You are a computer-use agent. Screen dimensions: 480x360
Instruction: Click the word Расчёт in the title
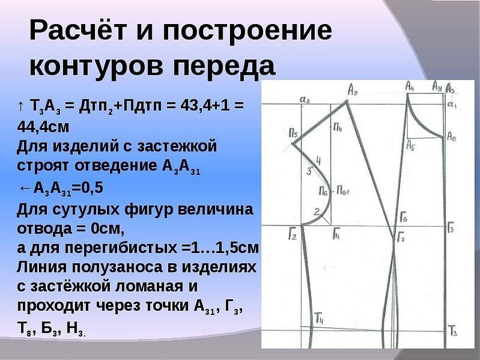[78, 30]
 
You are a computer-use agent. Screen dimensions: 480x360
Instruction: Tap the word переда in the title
[224, 66]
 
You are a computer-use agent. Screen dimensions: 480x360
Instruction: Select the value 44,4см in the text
[43, 126]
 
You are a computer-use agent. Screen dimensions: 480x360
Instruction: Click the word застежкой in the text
[177, 146]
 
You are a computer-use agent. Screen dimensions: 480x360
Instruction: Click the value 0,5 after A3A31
[92, 188]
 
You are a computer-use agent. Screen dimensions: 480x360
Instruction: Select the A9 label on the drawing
[352, 90]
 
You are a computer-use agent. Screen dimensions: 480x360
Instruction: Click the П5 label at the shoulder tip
[293, 133]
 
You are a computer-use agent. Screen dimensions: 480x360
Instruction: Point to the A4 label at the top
[410, 86]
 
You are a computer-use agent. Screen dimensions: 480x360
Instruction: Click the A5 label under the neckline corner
[411, 145]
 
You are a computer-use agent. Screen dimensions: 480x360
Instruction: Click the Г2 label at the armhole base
[292, 235]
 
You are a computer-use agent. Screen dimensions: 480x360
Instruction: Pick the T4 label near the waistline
[319, 318]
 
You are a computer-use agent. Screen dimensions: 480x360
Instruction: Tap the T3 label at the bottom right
[453, 331]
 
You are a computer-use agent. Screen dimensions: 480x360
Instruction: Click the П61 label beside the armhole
[343, 191]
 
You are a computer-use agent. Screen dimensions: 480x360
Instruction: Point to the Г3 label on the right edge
[450, 228]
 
